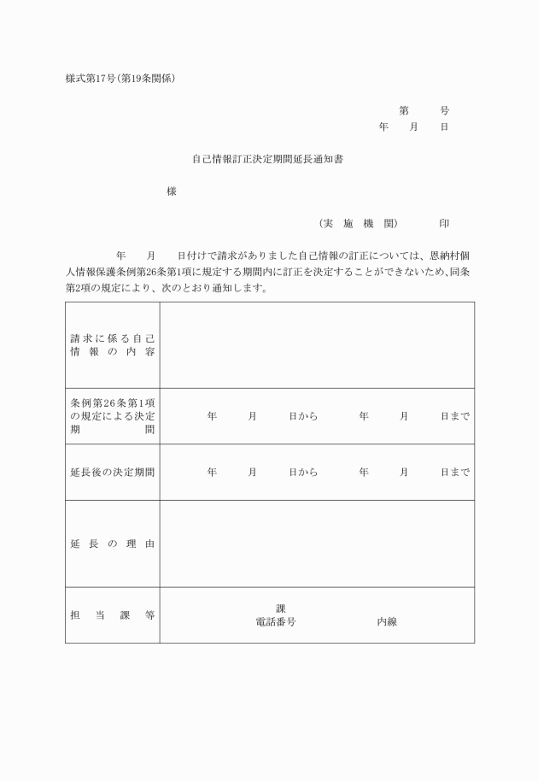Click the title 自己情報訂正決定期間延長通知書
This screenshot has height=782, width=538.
(x=268, y=159)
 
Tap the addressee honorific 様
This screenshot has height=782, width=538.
(x=172, y=191)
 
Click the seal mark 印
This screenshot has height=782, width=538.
(x=444, y=223)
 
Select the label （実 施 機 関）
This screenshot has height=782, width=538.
(x=359, y=223)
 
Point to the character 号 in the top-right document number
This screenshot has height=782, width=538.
(x=444, y=111)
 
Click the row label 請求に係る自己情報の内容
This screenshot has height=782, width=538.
(x=112, y=344)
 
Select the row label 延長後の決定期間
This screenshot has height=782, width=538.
(x=112, y=472)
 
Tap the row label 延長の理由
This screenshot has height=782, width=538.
(x=112, y=544)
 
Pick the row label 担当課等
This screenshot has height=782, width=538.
(x=112, y=614)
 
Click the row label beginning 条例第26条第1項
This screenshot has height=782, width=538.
(x=112, y=416)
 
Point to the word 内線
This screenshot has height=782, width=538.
(x=387, y=622)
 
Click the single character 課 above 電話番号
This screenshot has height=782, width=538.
(x=281, y=609)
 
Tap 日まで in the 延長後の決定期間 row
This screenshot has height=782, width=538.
(x=455, y=472)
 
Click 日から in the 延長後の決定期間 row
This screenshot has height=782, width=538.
(x=303, y=472)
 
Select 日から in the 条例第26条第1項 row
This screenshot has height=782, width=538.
(x=303, y=416)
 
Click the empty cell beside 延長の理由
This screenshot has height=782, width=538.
(x=317, y=544)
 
